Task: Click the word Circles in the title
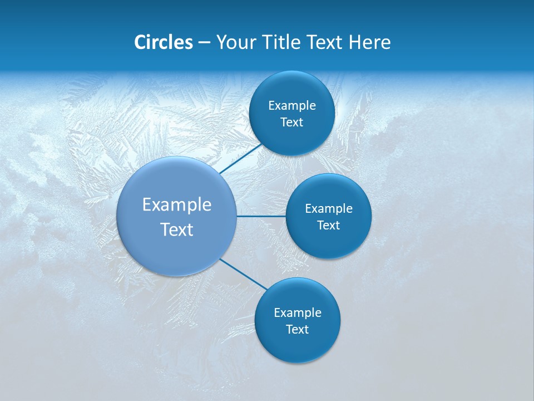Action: (163, 42)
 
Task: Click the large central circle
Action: (176, 251)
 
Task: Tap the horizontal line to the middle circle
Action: (261, 216)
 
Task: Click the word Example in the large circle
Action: (176, 205)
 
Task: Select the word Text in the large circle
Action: (176, 229)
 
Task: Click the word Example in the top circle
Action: (291, 106)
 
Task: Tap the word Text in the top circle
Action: (291, 123)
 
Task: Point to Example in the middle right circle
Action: (328, 209)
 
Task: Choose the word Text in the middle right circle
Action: (328, 226)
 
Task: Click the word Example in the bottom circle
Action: (297, 313)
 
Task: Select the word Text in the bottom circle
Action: (297, 330)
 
